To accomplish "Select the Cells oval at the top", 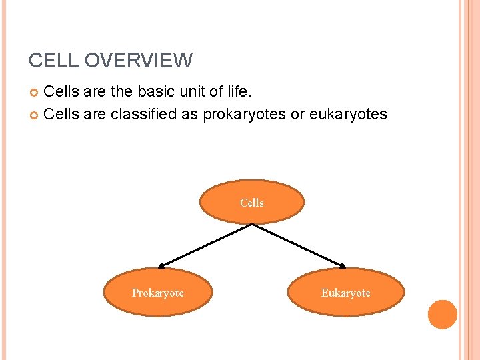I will click(252, 202).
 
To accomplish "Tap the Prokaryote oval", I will click(158, 293).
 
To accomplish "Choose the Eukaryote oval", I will click(346, 293).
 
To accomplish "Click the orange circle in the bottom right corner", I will click(442, 314).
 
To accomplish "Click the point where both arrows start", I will click(251, 223).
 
